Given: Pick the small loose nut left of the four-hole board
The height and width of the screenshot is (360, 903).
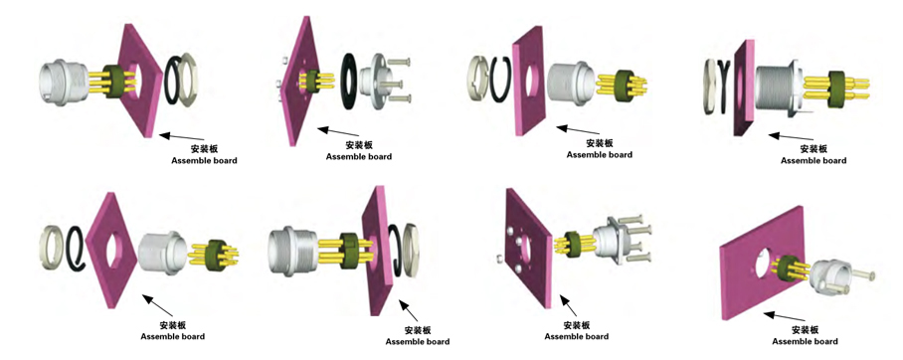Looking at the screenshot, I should point(498,261).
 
